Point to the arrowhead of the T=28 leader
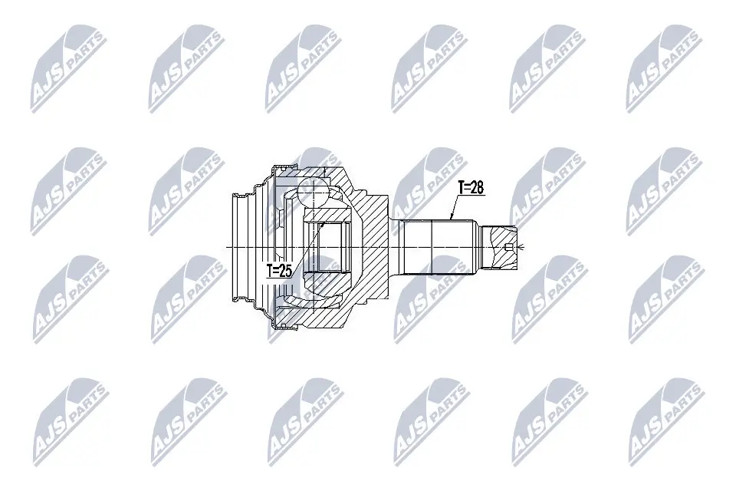pos(453,219)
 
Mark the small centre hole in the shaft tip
pos(510,246)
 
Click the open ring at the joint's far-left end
pos(242,246)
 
